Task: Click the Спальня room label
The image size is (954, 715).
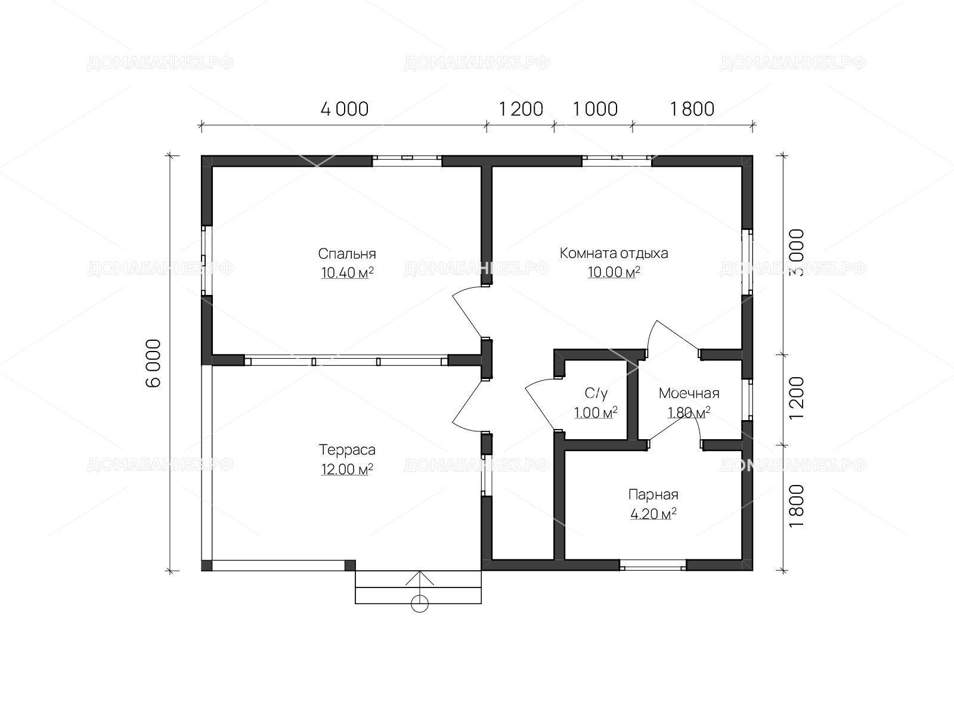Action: point(347,254)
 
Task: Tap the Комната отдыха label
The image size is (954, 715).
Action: point(614,253)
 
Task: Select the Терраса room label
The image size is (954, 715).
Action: point(347,450)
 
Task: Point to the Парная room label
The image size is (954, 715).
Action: point(653,495)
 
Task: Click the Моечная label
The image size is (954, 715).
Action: point(689,393)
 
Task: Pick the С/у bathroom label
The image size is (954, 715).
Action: point(596,393)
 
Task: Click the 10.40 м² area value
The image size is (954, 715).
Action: point(347,273)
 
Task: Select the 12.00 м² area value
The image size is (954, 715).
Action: point(347,470)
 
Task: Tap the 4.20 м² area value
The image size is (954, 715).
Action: point(653,514)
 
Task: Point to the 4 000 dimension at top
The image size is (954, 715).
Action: point(345,110)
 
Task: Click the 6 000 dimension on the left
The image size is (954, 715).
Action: point(154,363)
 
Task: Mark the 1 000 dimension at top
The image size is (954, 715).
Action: point(596,110)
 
